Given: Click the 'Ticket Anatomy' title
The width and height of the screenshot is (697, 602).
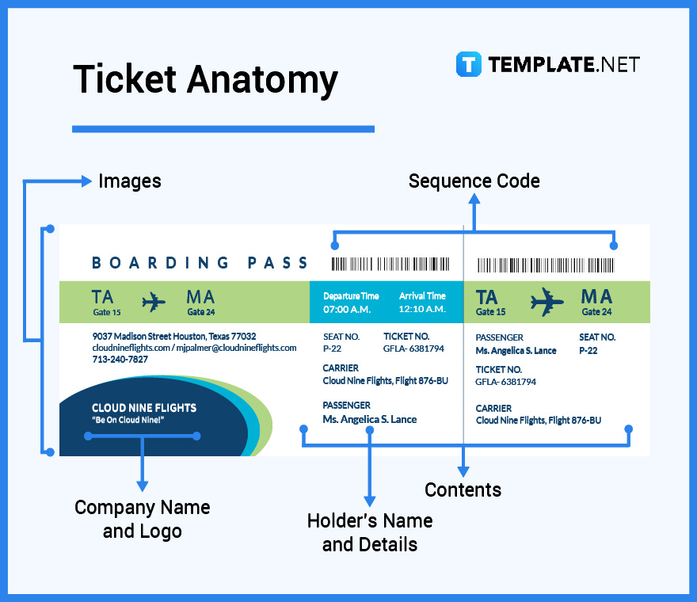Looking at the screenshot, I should (x=205, y=80).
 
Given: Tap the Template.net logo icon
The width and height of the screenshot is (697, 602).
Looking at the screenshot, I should (x=468, y=64).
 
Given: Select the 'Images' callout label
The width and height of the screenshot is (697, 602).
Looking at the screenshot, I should (x=129, y=181).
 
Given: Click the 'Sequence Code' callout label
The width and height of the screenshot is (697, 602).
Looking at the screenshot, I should (x=474, y=181).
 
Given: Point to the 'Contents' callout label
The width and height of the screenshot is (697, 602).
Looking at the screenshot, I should (x=463, y=490).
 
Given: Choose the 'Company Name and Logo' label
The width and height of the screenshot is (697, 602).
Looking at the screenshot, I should (x=143, y=519).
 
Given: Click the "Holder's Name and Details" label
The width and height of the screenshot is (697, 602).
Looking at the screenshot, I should (x=369, y=532).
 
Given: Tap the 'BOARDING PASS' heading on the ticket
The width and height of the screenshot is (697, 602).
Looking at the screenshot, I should (x=200, y=263).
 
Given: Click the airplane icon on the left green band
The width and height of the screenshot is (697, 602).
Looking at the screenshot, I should (x=154, y=302).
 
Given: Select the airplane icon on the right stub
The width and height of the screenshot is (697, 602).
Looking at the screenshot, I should (x=547, y=302).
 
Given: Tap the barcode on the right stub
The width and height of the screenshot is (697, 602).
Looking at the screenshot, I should (x=545, y=265).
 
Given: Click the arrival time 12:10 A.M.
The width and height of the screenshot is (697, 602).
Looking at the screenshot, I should (x=422, y=309).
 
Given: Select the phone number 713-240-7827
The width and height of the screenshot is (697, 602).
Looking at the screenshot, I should (x=120, y=359).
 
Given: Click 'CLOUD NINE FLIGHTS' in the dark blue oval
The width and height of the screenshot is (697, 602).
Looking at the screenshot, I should (x=143, y=408).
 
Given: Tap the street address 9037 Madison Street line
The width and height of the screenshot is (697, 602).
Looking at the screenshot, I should (x=173, y=337).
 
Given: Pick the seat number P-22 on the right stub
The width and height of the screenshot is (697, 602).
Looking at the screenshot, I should (x=588, y=350).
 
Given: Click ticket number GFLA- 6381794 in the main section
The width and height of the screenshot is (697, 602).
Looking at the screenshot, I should (x=413, y=349).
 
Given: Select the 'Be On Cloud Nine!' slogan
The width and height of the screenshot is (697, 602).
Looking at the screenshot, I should (x=128, y=420).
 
